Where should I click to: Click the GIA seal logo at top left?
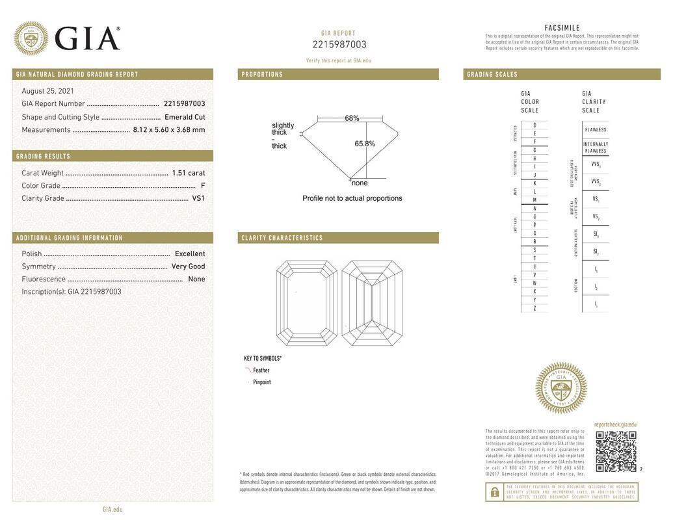31,38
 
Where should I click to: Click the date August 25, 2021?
47,91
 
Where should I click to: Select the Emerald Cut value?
185,117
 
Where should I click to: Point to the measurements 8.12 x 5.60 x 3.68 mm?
169,129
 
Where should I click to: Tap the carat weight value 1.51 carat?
188,173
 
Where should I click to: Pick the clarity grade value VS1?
198,198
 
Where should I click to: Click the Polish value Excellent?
190,253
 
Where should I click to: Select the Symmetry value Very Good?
188,266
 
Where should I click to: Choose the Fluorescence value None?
196,279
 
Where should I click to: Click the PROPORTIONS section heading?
262,75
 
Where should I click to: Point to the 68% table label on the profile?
352,118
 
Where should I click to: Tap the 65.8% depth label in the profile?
365,144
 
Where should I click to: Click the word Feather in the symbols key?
261,370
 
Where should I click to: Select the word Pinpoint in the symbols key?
262,382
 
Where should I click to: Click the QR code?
616,451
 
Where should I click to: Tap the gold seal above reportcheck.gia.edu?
561,388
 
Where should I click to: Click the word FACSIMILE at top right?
562,27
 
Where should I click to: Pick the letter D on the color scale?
534,125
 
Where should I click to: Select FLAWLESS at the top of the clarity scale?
595,129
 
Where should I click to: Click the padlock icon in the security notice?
495,492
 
